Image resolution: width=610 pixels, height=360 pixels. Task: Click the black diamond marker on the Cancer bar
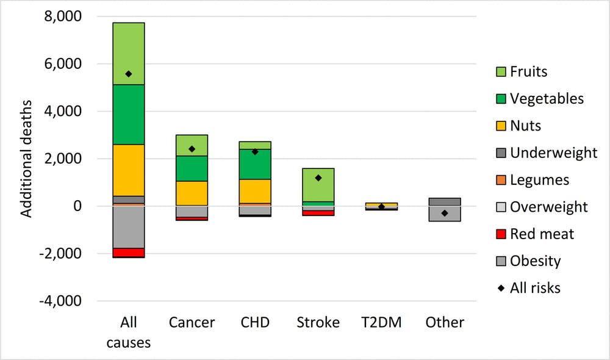point(192,149)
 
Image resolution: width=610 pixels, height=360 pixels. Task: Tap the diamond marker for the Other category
point(445,213)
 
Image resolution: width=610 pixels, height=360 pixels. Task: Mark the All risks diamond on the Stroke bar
point(318,178)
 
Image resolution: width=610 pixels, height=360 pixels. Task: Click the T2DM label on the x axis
point(381,322)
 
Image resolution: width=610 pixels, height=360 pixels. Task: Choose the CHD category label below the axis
point(255,322)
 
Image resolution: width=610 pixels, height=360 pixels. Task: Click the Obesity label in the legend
point(536,261)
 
